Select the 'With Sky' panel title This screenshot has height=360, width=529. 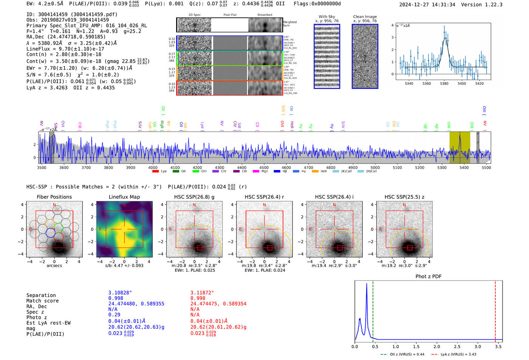click(x=327, y=17)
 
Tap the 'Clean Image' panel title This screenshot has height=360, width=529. click(x=365, y=17)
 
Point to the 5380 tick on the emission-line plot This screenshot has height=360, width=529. click(x=444, y=83)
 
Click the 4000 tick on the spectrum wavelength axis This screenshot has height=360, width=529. click(x=153, y=167)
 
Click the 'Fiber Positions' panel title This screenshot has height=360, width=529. click(x=54, y=197)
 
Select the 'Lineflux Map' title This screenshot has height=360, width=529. click(x=124, y=197)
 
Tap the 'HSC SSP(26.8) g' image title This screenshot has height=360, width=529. click(x=194, y=197)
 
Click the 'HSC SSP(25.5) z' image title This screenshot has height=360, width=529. click(x=404, y=197)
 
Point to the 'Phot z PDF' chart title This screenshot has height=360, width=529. click(x=428, y=277)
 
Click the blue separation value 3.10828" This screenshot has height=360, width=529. click(x=120, y=293)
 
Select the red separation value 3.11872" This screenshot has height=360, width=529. click(x=202, y=293)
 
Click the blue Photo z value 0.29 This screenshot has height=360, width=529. click(x=114, y=315)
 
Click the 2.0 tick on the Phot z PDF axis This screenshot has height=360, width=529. click(x=436, y=346)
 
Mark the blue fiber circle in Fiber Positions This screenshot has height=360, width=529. click(x=50, y=233)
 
